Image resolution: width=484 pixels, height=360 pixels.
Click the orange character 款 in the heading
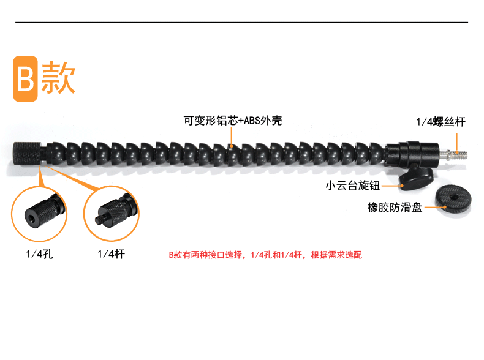coord(58,78)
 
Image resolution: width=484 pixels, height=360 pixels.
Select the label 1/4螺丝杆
coord(441,122)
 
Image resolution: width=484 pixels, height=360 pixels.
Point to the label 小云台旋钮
coord(351,186)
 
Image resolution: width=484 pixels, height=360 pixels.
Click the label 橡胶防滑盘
coord(396,208)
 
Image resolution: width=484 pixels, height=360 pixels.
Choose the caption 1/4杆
coord(111,253)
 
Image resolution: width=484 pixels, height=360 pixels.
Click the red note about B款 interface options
coord(265,254)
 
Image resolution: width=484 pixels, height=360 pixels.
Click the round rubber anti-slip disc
coord(453,200)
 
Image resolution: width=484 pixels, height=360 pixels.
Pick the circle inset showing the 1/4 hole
coord(39,213)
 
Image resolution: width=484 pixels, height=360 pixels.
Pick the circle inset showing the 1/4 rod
coord(112,214)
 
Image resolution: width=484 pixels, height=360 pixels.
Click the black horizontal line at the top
coord(241,23)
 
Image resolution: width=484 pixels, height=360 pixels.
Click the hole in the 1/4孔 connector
coord(31,218)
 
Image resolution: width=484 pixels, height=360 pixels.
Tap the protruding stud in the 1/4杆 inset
coord(99,219)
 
